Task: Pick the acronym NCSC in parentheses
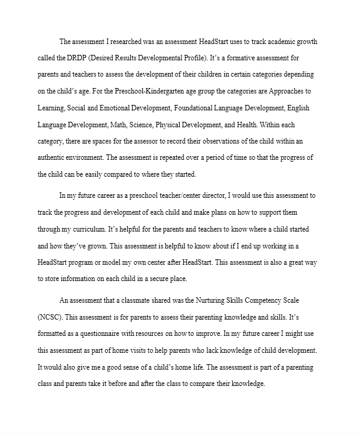(x=50, y=317)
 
